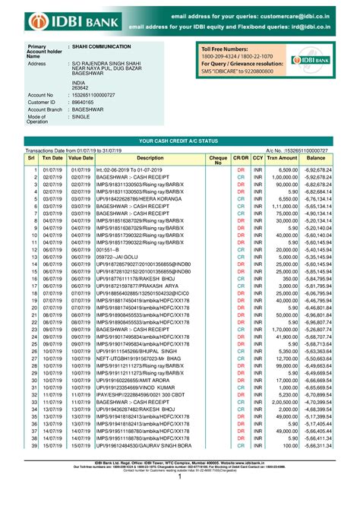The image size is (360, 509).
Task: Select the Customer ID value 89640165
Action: (x=84, y=101)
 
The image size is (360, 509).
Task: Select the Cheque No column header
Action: (x=218, y=160)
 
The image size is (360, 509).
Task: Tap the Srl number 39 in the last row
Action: (x=35, y=466)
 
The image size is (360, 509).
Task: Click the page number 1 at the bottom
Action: (x=180, y=498)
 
